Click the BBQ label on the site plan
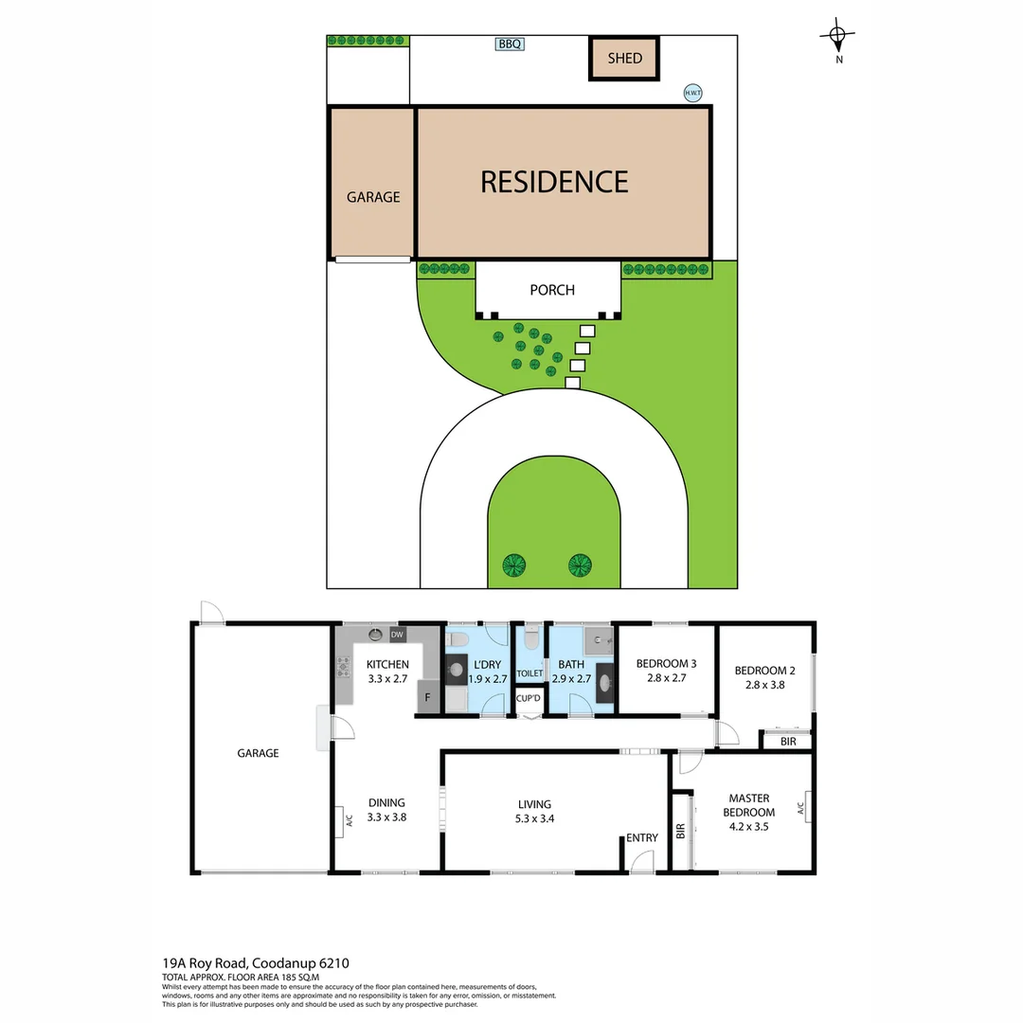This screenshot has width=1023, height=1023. pos(510,44)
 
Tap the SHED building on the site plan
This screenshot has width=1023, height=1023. pos(624,58)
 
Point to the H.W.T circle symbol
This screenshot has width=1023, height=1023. pos(693,93)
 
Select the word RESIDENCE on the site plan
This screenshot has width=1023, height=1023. pos(554,181)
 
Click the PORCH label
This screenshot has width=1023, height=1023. pos(551,290)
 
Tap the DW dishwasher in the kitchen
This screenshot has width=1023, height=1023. pos(397,635)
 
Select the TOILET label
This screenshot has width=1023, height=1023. pos(529,673)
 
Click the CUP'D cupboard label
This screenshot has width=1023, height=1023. pos(528,699)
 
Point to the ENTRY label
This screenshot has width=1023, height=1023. pos(641,837)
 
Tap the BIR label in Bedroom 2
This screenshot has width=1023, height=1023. pos(788,742)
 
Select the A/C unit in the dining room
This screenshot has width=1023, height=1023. pos(338,820)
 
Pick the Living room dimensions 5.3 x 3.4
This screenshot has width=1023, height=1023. pos(533,818)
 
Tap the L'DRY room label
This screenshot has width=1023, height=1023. pos(487,665)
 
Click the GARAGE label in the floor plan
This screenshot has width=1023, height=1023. pos(258,753)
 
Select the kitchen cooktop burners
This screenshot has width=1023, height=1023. pos(342,666)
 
